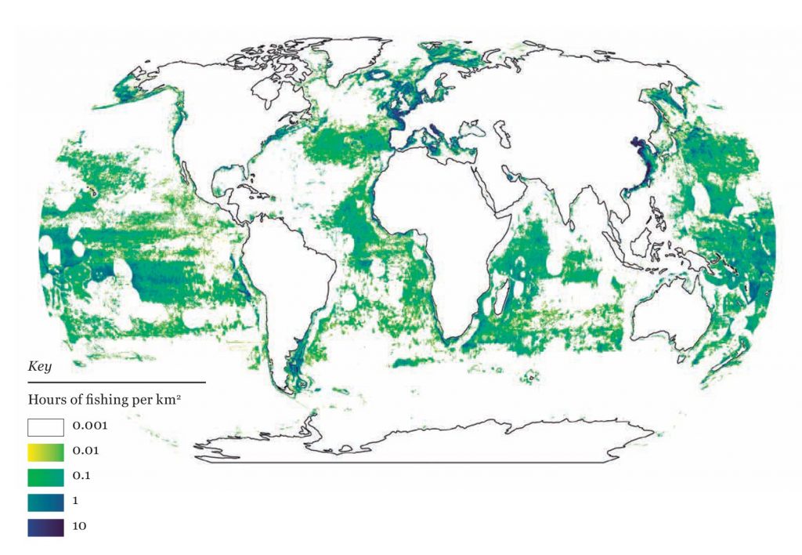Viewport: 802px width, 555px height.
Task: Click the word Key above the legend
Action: (x=38, y=366)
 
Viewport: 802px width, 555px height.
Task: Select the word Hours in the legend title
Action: (x=45, y=399)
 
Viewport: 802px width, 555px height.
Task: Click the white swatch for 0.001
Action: (x=46, y=427)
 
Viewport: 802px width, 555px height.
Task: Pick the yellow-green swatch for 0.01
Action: (x=46, y=452)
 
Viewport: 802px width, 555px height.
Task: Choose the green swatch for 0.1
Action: (x=46, y=476)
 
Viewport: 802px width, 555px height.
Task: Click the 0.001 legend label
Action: (x=89, y=427)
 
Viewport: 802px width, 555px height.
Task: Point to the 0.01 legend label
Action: (x=85, y=452)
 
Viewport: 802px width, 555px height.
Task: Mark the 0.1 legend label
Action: (x=82, y=476)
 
